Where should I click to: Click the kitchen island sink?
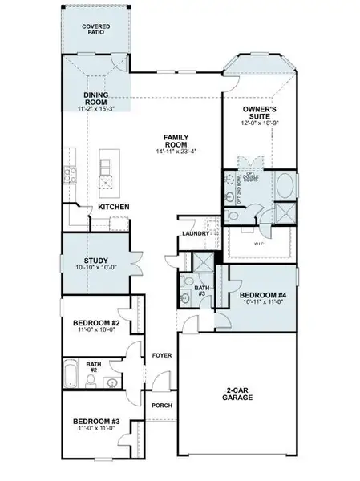coord(106,168)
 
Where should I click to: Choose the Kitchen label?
coord(114,207)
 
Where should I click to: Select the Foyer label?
coord(160,353)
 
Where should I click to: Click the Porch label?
coord(160,406)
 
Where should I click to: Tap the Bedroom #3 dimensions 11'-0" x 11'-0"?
coord(95,430)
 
